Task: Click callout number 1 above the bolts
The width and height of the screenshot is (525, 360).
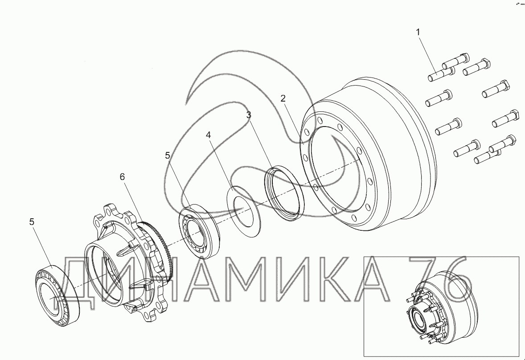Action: pos(418,32)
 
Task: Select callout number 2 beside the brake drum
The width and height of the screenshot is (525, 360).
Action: pos(283,98)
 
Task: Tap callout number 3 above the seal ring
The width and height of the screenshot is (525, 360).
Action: pos(248,115)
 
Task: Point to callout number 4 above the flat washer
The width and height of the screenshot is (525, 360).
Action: pos(209,135)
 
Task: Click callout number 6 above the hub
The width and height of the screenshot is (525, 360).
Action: pos(122,176)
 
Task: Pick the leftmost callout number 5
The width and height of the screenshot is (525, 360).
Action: pos(32,222)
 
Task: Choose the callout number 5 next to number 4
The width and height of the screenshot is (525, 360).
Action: pos(168,155)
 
